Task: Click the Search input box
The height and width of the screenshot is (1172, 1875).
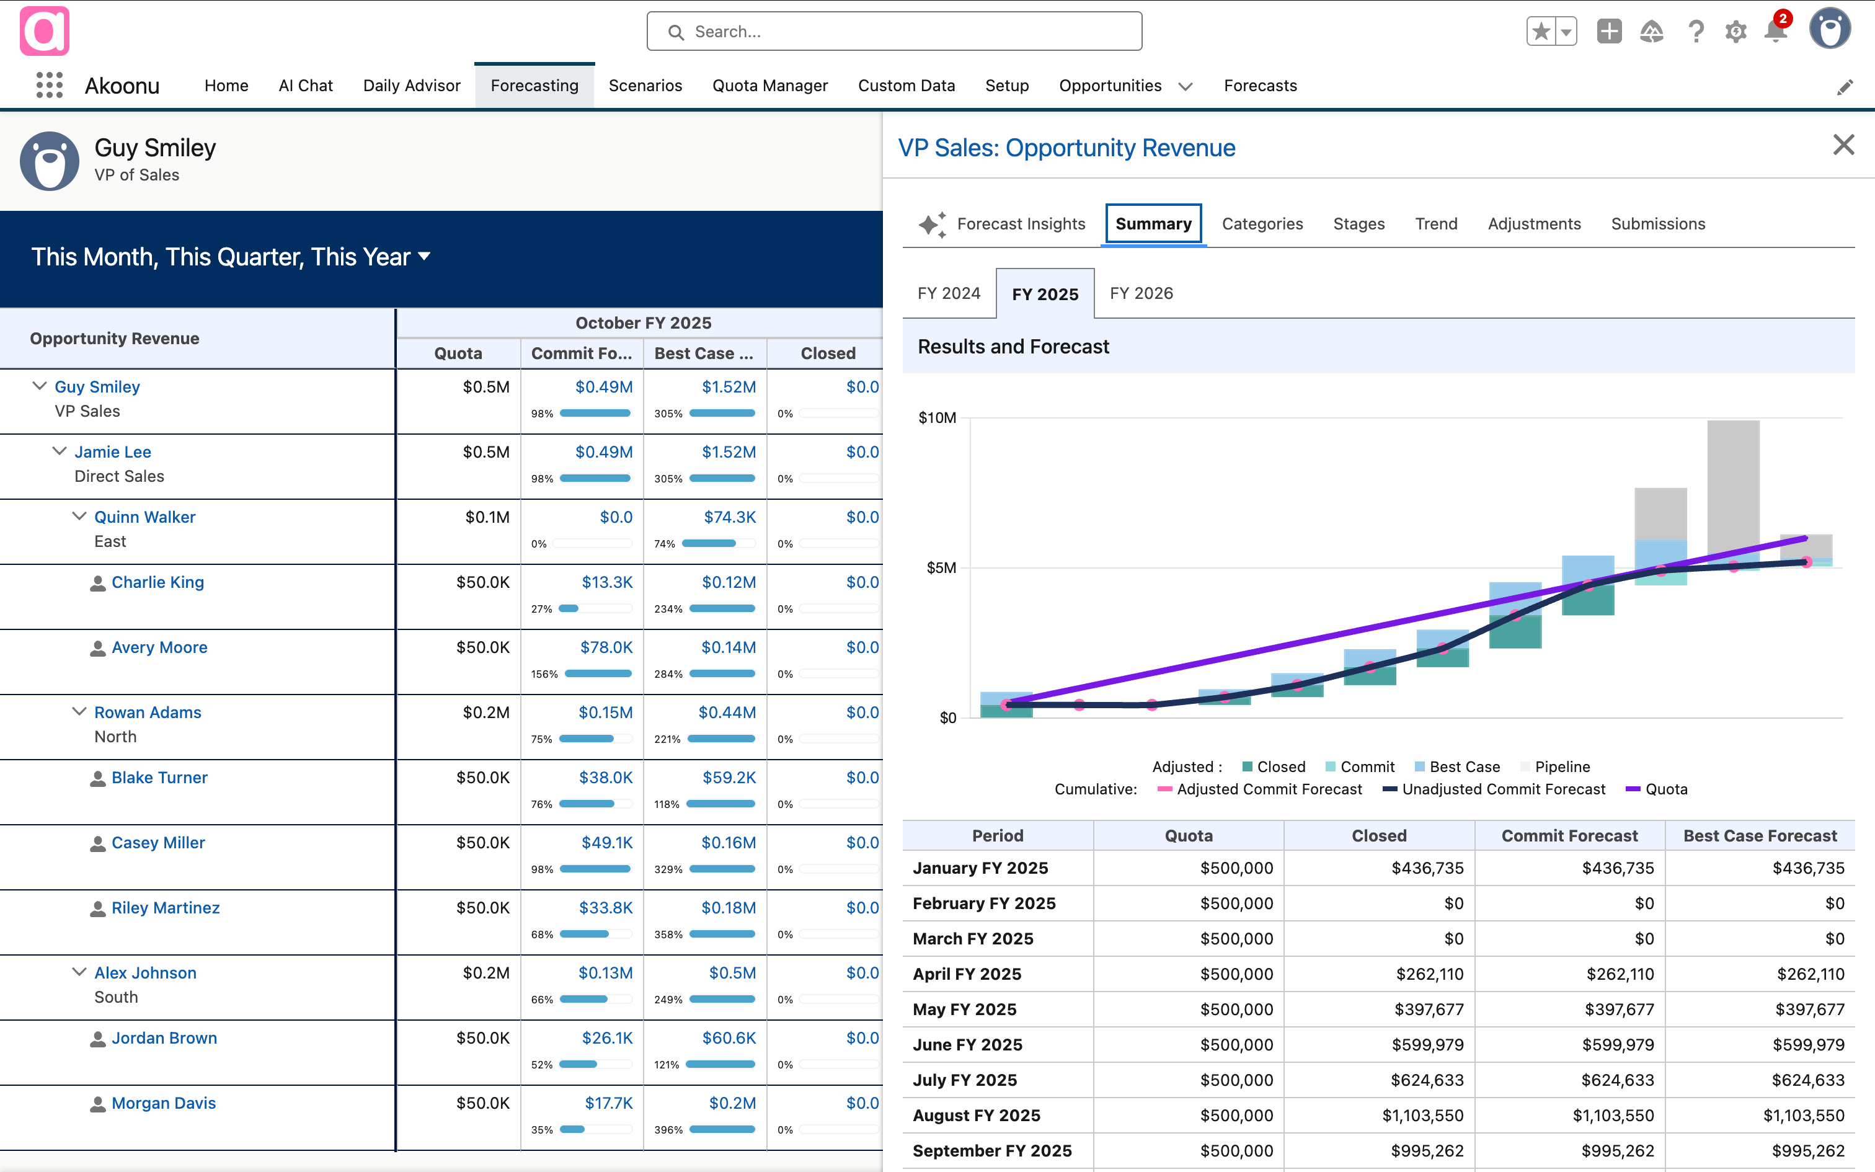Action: coord(894,32)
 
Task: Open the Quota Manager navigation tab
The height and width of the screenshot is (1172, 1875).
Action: coord(769,86)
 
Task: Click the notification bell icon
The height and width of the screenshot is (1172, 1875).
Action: coord(1775,31)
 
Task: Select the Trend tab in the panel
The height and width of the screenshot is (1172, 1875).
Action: coord(1435,224)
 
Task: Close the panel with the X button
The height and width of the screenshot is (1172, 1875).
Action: coord(1843,145)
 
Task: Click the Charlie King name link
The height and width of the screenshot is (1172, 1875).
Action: coord(157,582)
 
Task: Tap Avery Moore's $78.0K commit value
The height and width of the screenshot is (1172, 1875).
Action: coord(606,647)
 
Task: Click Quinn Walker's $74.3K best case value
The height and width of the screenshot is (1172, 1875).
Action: coord(729,517)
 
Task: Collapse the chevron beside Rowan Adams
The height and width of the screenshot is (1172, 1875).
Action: coord(79,712)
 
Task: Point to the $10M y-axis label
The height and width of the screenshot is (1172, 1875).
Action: coord(937,418)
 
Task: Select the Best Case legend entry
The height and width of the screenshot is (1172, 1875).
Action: coord(1463,766)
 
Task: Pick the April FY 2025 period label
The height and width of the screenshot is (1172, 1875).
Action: coord(967,974)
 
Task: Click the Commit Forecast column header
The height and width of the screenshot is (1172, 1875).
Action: coord(1569,836)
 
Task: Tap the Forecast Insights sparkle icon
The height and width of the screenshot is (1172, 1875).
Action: coord(932,224)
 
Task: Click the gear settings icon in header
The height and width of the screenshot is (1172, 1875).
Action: coord(1735,32)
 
